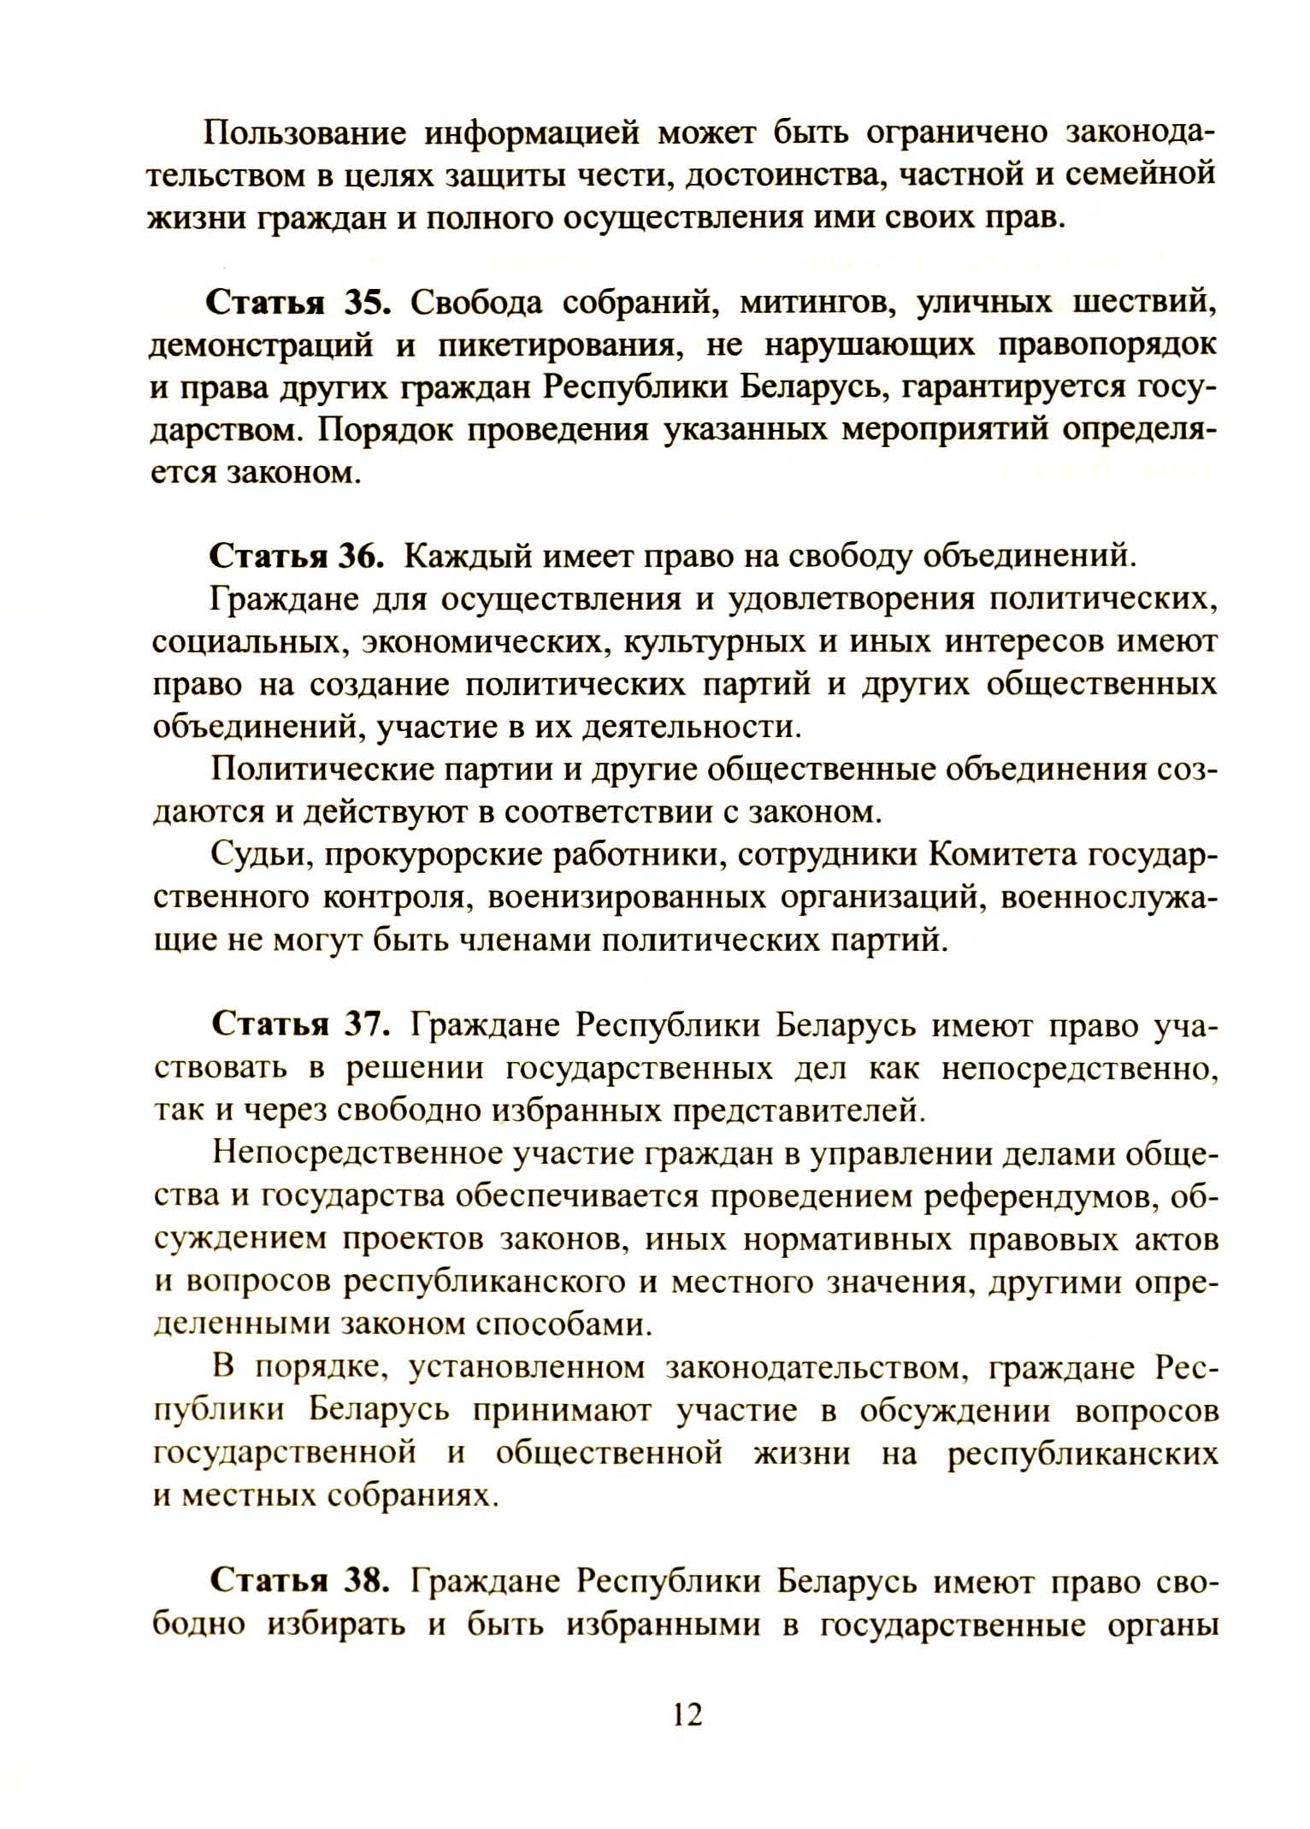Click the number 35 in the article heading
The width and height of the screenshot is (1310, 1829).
(368, 304)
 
